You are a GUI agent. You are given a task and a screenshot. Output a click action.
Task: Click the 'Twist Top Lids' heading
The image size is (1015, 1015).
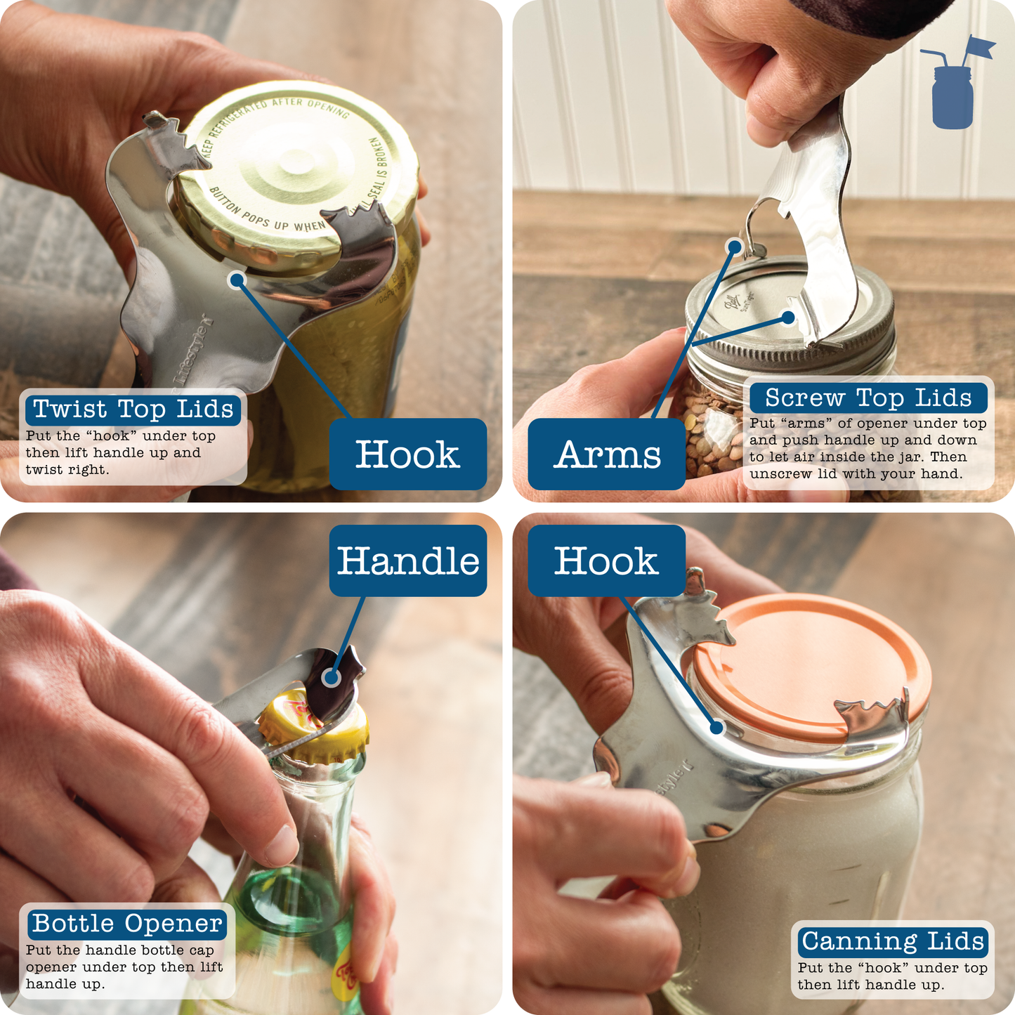pos(133,409)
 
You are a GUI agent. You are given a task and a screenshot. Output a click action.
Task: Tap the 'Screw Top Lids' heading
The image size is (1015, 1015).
pos(868,398)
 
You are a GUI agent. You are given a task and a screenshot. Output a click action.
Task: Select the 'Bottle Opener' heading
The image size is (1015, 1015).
pos(127,923)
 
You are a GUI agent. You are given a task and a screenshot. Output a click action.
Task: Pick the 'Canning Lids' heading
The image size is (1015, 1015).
pos(893,941)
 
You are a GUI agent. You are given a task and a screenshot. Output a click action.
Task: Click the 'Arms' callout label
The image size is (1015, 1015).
pos(607,454)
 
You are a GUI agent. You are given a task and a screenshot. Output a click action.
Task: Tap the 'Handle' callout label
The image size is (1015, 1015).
pos(408,561)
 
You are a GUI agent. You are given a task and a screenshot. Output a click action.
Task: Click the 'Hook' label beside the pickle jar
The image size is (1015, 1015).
pos(408,454)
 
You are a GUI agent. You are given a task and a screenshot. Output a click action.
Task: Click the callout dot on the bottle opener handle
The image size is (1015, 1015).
pos(331,678)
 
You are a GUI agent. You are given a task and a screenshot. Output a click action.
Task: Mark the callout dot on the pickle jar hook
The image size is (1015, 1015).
pos(237,280)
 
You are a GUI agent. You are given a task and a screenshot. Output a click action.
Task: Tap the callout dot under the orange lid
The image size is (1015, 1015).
pos(716,727)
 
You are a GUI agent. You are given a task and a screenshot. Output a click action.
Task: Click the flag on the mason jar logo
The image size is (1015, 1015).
pos(979,47)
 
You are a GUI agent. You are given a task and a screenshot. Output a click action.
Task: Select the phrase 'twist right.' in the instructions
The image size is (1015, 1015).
pos(67,470)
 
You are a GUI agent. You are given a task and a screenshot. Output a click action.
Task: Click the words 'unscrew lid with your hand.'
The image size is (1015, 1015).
pos(856,474)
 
